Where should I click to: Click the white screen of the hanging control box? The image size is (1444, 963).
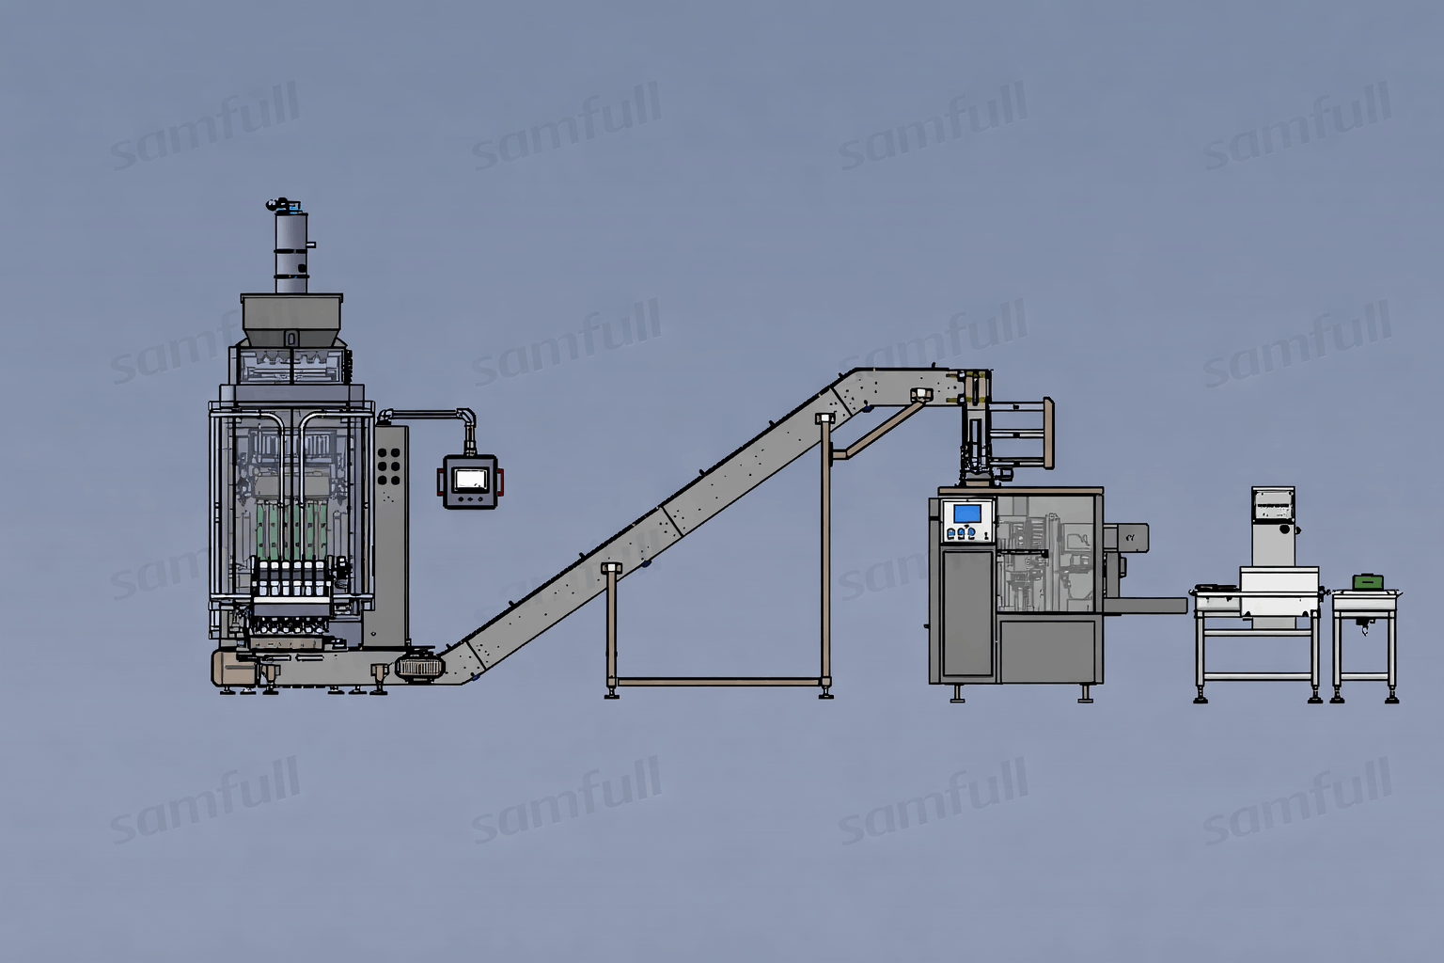click(469, 480)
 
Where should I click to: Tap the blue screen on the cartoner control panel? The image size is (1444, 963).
click(967, 513)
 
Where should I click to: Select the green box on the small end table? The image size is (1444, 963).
click(1368, 582)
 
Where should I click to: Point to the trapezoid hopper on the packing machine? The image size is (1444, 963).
click(292, 318)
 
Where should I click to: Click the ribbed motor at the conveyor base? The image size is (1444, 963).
click(419, 667)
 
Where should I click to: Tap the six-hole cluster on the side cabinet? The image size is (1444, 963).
click(388, 466)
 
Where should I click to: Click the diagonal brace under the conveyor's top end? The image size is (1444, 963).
click(879, 429)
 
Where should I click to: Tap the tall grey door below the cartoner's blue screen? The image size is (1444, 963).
click(967, 612)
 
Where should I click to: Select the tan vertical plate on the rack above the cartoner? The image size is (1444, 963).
click(1048, 433)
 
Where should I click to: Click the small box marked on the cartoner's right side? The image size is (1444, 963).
click(1131, 537)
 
